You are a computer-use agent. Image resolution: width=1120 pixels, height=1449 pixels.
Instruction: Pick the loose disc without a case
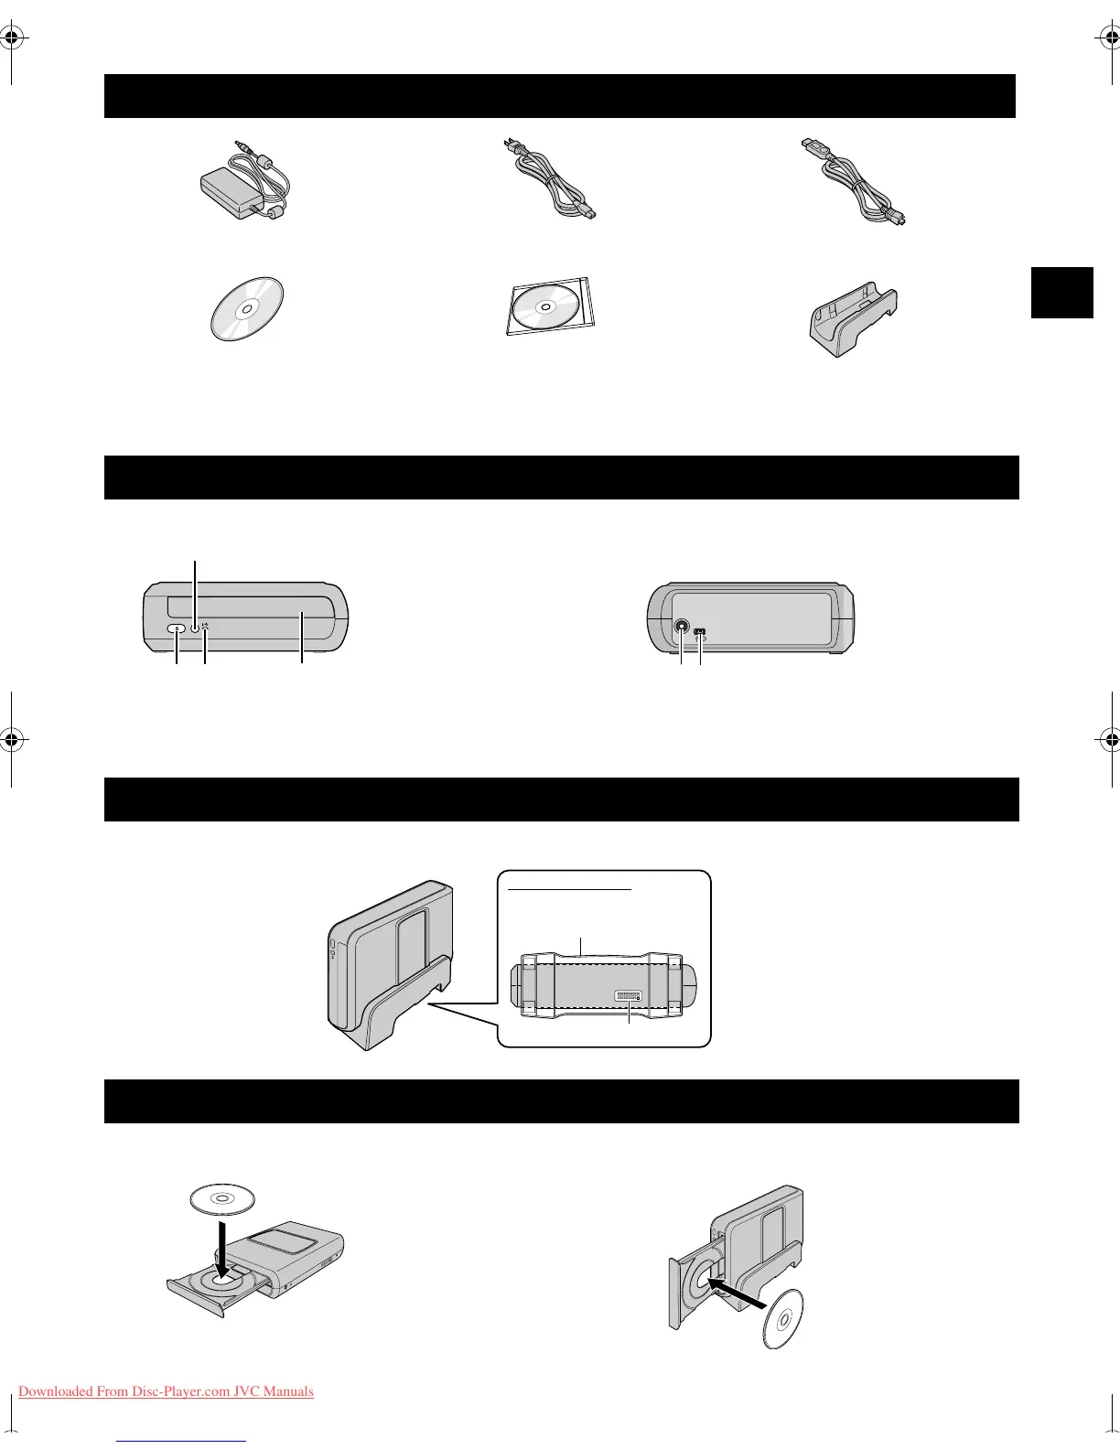pyautogui.click(x=246, y=308)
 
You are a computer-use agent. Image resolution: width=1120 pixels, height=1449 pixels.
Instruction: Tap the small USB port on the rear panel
pyautogui.click(x=700, y=630)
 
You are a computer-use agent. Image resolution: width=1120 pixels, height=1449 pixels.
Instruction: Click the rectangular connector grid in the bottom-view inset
pyautogui.click(x=629, y=995)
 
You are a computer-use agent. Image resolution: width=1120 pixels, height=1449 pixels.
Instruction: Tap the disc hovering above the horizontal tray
pyautogui.click(x=221, y=1197)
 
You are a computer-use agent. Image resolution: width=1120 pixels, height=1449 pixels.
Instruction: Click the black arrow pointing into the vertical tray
pyautogui.click(x=744, y=1290)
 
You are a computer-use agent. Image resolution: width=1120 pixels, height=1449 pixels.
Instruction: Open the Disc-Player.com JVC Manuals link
pyautogui.click(x=166, y=1391)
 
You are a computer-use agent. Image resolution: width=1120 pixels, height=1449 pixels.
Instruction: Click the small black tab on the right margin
pyautogui.click(x=1061, y=292)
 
